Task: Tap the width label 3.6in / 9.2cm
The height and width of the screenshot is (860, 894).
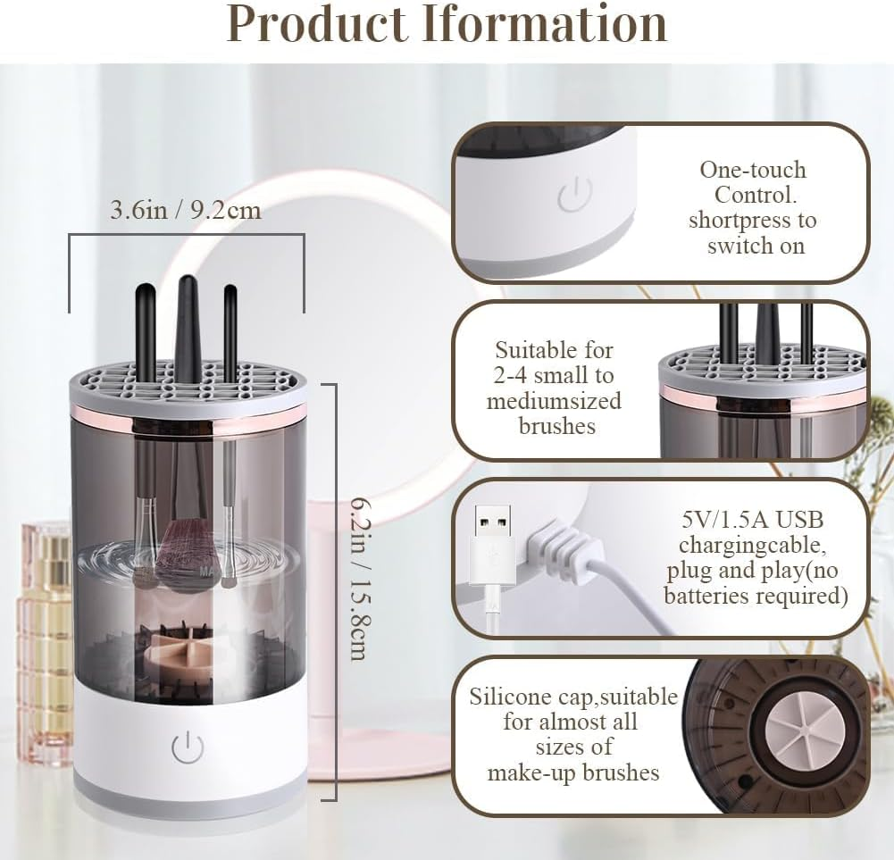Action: point(185,211)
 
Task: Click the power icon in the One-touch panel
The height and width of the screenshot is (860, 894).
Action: point(575,195)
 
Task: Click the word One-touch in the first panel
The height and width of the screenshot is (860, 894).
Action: point(753,170)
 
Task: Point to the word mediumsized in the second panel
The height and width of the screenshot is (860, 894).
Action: point(554,401)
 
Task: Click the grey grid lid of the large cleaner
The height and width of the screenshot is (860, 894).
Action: point(188,380)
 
